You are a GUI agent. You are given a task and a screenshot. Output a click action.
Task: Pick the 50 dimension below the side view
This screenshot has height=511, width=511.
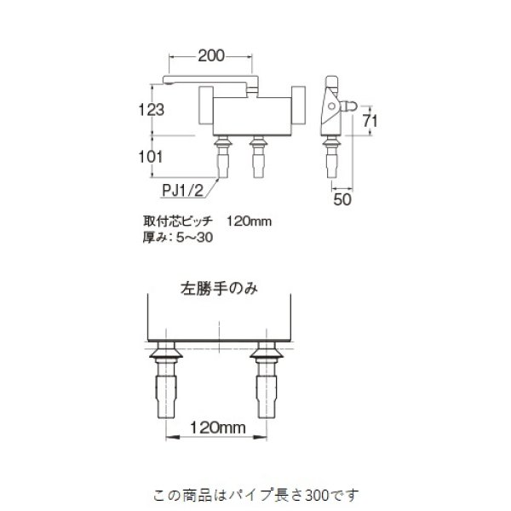[343, 199]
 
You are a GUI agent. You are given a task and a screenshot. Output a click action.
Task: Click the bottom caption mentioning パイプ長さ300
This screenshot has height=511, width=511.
[256, 494]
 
